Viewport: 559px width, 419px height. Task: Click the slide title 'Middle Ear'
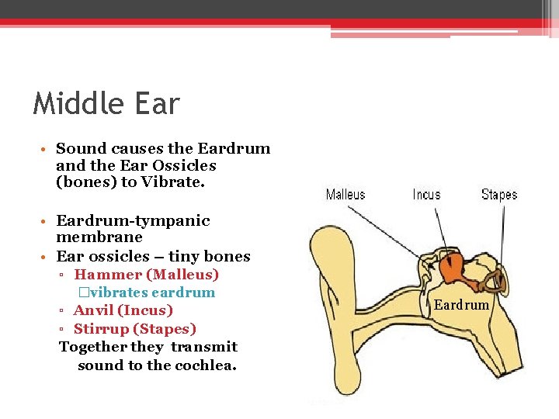click(106, 104)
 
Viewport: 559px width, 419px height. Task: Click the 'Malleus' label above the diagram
click(345, 194)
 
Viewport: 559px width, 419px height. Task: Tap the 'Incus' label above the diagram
click(426, 194)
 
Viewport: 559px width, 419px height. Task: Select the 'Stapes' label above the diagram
click(498, 194)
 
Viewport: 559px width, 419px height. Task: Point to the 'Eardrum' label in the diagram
click(461, 305)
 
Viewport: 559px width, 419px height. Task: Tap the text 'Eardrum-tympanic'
click(133, 220)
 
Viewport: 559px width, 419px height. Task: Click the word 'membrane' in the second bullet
click(99, 237)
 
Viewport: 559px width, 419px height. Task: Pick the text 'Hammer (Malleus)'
click(146, 275)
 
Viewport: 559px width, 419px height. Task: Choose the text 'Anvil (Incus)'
click(123, 310)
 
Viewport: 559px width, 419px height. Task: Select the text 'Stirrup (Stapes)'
click(134, 329)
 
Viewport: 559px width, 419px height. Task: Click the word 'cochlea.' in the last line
click(205, 365)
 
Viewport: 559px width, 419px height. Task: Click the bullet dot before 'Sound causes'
click(47, 149)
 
